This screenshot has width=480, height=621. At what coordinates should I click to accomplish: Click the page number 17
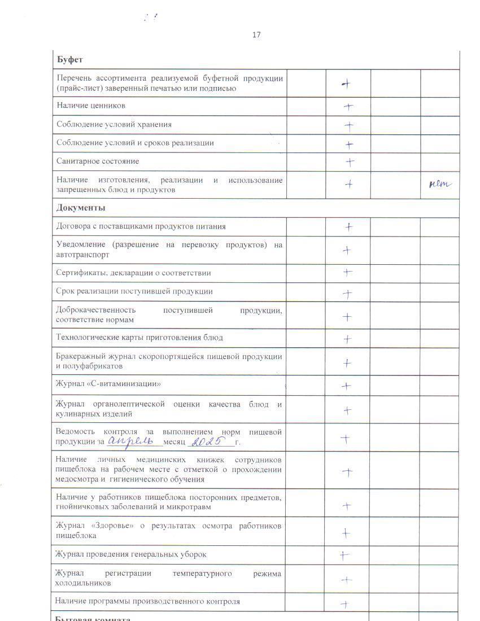coord(256,35)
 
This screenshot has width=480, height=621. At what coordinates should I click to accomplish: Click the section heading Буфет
coord(69,59)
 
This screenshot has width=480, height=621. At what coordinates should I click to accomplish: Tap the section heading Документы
coord(81,208)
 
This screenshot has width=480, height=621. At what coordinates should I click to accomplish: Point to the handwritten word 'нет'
coord(440,183)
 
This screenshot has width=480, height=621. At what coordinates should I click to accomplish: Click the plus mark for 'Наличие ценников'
coord(348,106)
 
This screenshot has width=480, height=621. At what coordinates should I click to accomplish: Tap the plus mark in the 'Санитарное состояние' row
coord(350,163)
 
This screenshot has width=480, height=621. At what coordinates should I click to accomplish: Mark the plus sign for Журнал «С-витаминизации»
coord(346,386)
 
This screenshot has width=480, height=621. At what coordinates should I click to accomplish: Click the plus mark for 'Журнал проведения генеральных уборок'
coord(344,555)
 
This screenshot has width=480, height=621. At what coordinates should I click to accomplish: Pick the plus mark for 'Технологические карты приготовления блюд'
coord(347,339)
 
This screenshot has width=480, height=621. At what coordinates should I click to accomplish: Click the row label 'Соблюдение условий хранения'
coord(114,124)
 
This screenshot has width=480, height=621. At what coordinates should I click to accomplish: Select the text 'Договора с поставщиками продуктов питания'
coord(141,226)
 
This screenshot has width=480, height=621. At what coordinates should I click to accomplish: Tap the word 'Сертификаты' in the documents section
coord(78,273)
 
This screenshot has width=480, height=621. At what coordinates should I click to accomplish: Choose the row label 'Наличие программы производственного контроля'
coord(147,601)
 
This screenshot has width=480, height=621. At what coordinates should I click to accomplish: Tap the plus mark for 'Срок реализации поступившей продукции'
coord(347,294)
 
